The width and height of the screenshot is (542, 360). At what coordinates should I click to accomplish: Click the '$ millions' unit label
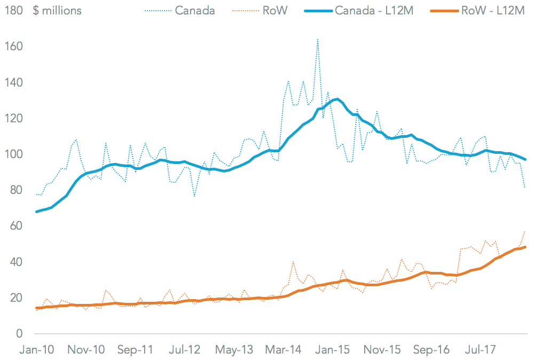(x=58, y=11)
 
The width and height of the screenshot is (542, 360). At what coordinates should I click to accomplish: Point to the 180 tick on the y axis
(x=13, y=11)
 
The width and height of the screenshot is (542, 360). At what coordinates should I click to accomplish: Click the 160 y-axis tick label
(x=13, y=46)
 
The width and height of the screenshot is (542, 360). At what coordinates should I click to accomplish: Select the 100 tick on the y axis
(x=13, y=154)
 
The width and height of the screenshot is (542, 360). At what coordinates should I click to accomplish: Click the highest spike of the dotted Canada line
(x=318, y=39)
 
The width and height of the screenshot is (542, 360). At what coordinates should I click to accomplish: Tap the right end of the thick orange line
(x=525, y=247)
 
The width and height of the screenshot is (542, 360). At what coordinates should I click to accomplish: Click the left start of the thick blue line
(x=36, y=212)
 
